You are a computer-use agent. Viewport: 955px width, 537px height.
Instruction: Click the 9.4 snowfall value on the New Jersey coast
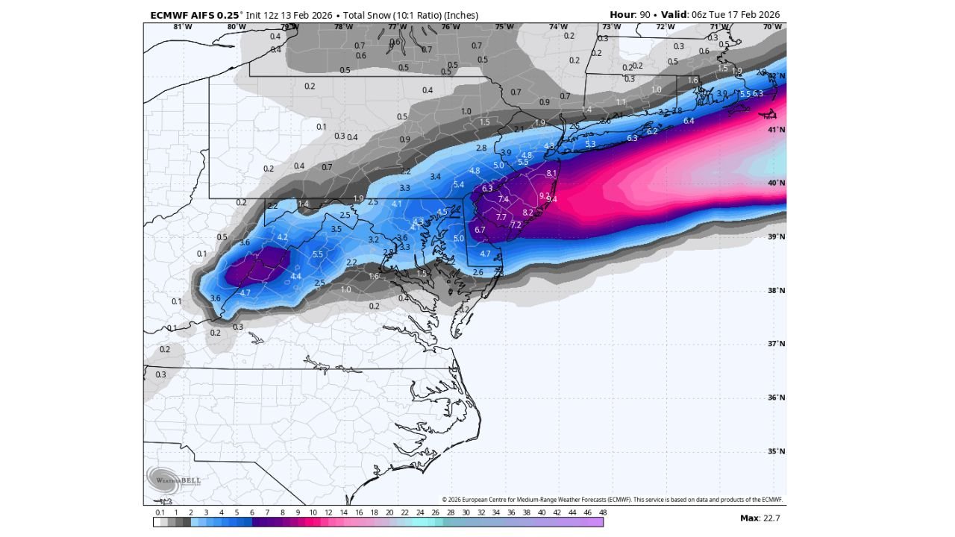point(551,199)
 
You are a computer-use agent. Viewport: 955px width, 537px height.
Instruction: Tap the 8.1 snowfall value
point(551,173)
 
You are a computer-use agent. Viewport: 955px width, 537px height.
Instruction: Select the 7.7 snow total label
point(501,217)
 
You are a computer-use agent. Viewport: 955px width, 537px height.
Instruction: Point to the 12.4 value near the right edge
point(769,116)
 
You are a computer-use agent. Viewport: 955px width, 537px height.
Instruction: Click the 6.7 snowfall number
point(480,230)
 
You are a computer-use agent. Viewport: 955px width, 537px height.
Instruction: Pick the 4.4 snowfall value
point(295,276)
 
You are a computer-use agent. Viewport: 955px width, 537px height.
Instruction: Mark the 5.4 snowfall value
point(459,184)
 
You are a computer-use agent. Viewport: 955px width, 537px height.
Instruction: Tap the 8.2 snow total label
point(527,212)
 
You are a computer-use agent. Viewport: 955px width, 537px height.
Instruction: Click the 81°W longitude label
point(183,27)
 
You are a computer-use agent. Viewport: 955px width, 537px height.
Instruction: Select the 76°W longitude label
point(450,27)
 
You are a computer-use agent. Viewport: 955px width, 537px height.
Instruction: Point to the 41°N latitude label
point(777,130)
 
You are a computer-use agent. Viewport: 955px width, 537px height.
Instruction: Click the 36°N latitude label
point(777,398)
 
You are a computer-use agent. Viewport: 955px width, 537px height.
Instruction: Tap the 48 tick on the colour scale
point(602,512)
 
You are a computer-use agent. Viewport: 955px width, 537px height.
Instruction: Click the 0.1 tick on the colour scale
point(160,512)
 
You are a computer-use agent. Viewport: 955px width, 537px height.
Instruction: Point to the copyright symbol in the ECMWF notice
point(444,500)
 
